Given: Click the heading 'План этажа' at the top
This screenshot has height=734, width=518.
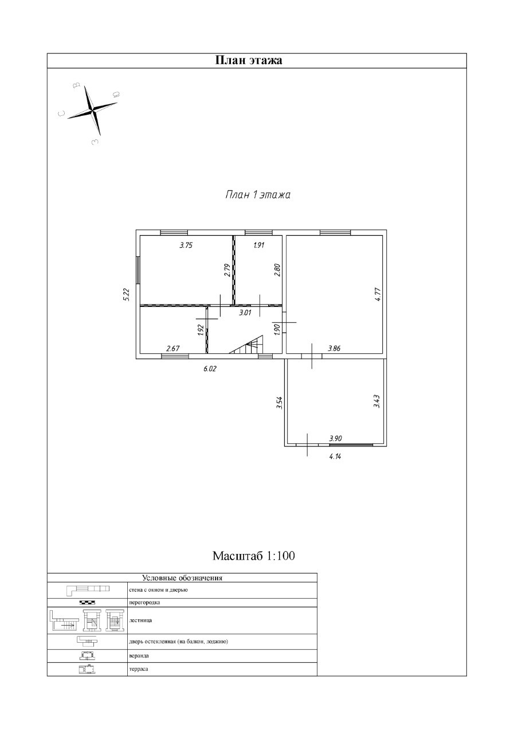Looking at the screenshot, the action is coord(248,60).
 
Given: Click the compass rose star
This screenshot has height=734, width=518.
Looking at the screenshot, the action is coord(92,108).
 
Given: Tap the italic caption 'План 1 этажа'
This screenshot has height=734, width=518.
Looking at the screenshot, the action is coord(257,195).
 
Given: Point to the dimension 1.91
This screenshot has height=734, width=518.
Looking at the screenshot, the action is coord(258,245).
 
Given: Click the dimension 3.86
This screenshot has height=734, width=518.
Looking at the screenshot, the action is coord(335,348).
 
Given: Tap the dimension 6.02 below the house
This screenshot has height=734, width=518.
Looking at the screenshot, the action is coord(210,369).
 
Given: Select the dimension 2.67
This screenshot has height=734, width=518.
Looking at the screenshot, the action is coord(173,348).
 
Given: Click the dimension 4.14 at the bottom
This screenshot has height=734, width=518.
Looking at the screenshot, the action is coord(336,457).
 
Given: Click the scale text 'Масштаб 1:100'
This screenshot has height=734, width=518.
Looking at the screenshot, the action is coord(254,556).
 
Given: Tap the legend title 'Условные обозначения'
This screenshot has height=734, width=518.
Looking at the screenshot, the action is coord(182,578).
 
